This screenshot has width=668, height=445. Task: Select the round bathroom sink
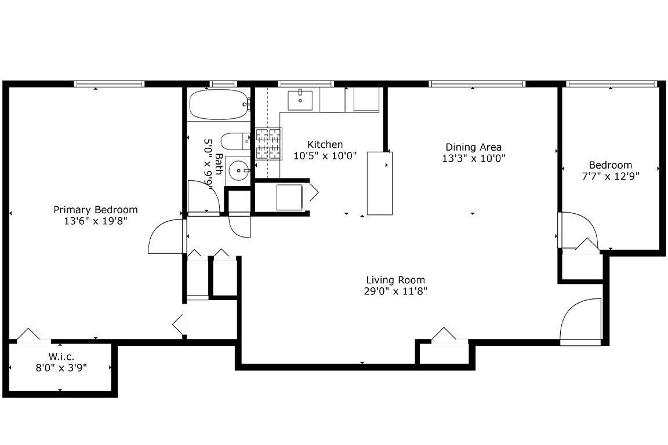tap(237, 170)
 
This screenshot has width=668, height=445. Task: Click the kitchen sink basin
tap(300, 100)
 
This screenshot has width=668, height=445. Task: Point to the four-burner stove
tap(269, 144)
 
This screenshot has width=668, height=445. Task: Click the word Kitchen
tap(325, 144)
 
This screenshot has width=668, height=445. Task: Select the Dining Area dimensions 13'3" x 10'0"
tap(473, 158)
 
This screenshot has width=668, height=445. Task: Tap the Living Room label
tap(395, 280)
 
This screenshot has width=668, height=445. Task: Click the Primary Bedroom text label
tap(96, 210)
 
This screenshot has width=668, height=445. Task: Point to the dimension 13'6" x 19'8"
tap(96, 221)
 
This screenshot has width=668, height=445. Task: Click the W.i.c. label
tap(61, 356)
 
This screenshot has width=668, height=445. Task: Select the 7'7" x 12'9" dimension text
tap(611, 176)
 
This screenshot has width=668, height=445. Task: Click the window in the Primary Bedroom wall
tap(109, 84)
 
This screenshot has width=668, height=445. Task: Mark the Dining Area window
tap(477, 84)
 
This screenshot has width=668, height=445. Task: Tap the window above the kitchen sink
tap(306, 84)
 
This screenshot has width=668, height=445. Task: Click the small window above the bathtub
tap(223, 84)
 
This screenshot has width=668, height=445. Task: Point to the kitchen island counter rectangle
tap(380, 183)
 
